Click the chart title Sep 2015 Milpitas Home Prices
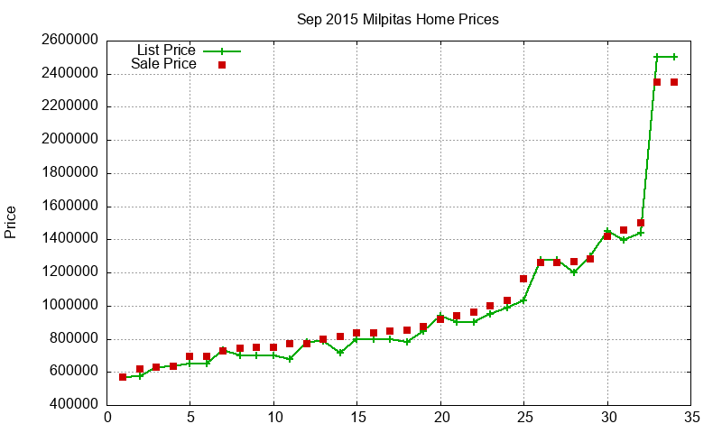pyautogui.click(x=398, y=19)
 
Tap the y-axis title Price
pyautogui.click(x=11, y=222)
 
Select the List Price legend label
pyautogui.click(x=166, y=50)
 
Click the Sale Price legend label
pyautogui.click(x=163, y=64)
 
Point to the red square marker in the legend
pyautogui.click(x=222, y=65)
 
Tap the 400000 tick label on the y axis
pyautogui.click(x=71, y=405)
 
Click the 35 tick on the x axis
pyautogui.click(x=691, y=418)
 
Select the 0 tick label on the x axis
pyautogui.click(x=106, y=418)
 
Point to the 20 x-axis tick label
pyautogui.click(x=440, y=418)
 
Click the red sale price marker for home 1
pyautogui.click(x=123, y=377)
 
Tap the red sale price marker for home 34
pyautogui.click(x=674, y=82)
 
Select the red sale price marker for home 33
pyautogui.click(x=657, y=82)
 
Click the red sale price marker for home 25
pyautogui.click(x=523, y=279)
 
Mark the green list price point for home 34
pyautogui.click(x=674, y=57)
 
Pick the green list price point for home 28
pyautogui.click(x=574, y=272)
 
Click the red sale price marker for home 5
pyautogui.click(x=190, y=356)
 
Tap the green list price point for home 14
pyautogui.click(x=340, y=353)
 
